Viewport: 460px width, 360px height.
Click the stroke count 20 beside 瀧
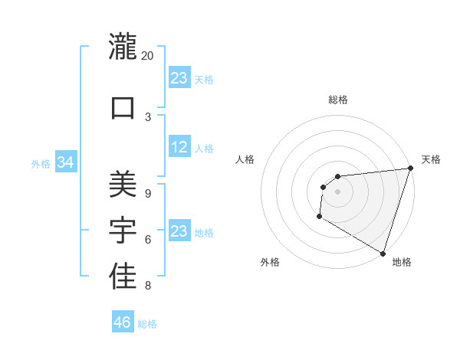tap(148, 56)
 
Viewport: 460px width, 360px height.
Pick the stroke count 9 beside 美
tap(147, 193)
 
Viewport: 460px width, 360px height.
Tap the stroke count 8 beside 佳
tap(147, 286)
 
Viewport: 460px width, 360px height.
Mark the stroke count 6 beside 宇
tap(147, 240)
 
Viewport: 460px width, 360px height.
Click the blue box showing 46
tap(123, 322)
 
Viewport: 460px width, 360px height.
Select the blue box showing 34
tap(66, 162)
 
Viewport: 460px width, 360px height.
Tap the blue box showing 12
tap(179, 147)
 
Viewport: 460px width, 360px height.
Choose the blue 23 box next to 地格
tap(179, 231)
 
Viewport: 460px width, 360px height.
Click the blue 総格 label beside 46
tap(147, 324)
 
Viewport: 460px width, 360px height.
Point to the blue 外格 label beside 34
tap(41, 164)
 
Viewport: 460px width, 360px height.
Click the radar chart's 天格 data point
tap(410, 169)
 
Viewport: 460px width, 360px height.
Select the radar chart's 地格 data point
tap(383, 252)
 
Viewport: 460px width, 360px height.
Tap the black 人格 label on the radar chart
tap(245, 159)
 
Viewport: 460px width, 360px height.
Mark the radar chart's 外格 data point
tap(319, 218)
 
